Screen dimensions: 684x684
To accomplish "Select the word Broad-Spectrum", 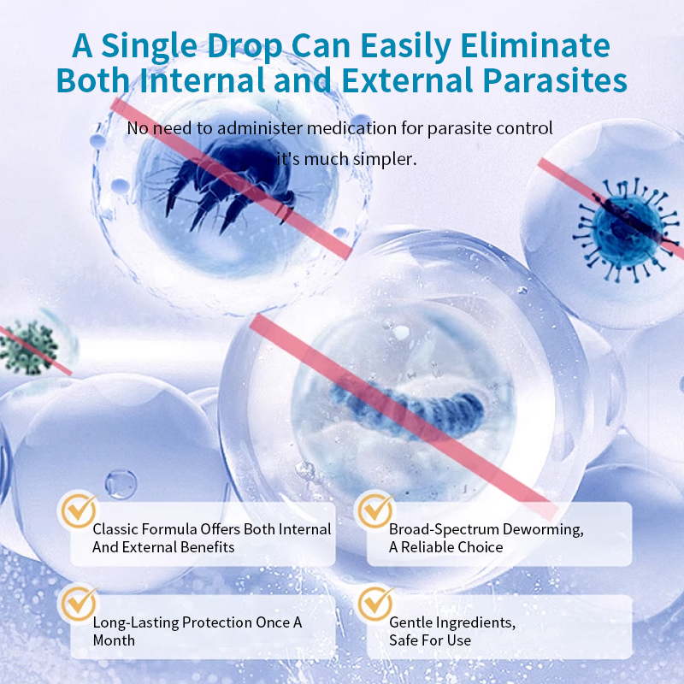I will click(x=440, y=529).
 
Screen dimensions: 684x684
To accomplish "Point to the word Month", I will click(x=114, y=640).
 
